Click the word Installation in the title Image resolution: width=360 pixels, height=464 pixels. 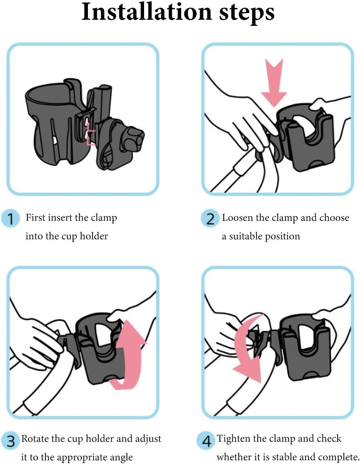pos(147,12)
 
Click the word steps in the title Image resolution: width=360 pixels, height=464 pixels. pos(247,14)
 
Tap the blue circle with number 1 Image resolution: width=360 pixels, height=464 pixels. pos(11,218)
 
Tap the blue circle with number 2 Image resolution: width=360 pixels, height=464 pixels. pos(210,218)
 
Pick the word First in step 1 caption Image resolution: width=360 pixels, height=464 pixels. pos(36,218)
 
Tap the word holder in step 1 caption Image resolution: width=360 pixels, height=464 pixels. pos(94,236)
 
